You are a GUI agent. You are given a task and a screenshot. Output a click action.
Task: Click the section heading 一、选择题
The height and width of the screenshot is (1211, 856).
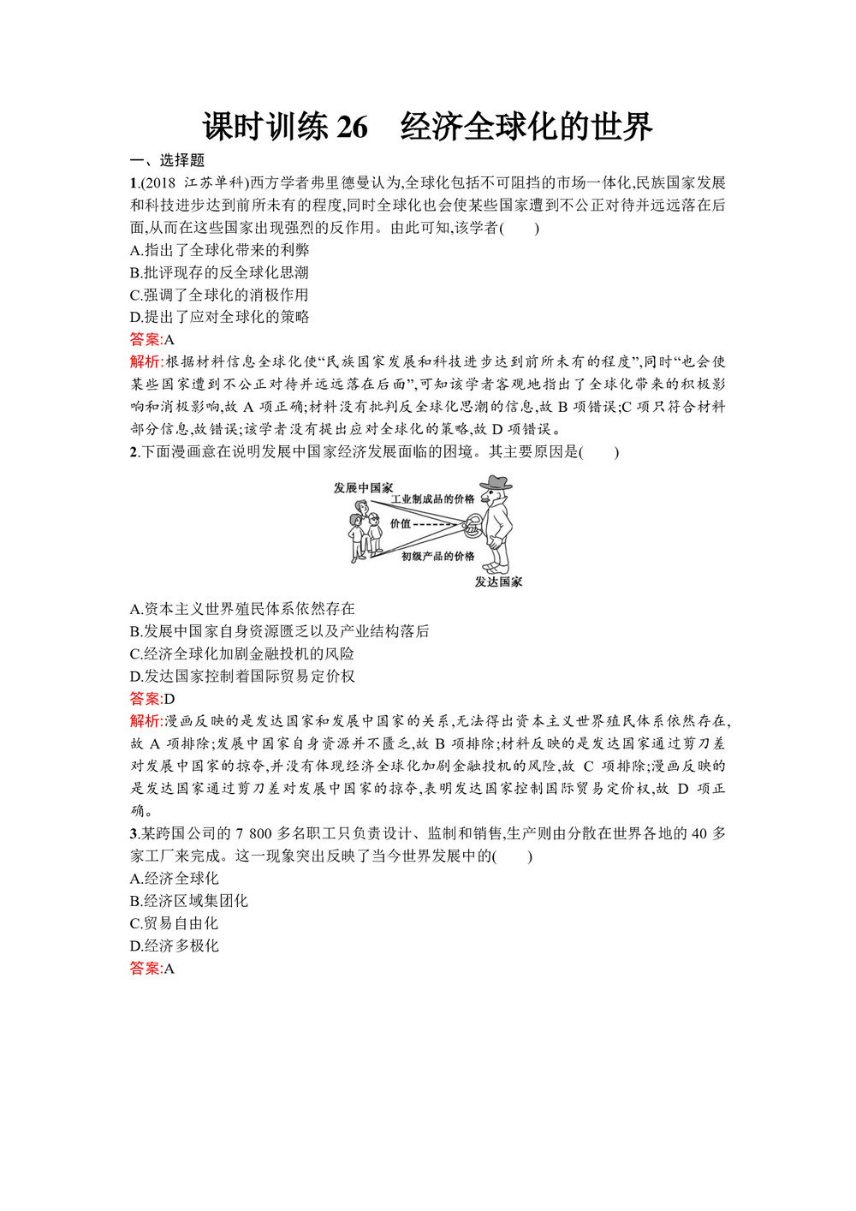coord(167,160)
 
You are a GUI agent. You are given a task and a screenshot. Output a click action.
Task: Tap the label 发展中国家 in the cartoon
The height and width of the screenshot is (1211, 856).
coord(363,487)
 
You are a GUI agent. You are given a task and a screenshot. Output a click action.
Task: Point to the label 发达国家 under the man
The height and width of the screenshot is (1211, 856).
coord(498,582)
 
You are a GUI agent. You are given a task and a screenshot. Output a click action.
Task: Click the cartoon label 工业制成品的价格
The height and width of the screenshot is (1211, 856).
coord(432,498)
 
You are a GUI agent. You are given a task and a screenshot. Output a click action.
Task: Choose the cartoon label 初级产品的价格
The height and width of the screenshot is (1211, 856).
coord(437,556)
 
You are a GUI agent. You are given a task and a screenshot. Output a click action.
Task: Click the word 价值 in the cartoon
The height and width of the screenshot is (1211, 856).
coord(401,523)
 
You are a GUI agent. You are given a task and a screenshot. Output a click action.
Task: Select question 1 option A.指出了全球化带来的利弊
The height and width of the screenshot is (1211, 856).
coord(219,250)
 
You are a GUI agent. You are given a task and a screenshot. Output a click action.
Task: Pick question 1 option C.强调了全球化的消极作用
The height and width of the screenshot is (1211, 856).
coord(219,295)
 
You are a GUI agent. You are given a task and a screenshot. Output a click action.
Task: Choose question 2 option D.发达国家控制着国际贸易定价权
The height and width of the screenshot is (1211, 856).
coord(242,676)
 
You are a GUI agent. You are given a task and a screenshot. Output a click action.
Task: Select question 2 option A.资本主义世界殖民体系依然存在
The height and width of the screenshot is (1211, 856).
coord(242,609)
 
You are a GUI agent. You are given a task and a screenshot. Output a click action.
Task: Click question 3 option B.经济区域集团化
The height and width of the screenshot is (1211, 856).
coord(189,901)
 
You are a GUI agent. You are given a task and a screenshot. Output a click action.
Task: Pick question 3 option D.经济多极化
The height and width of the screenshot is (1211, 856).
coord(175,946)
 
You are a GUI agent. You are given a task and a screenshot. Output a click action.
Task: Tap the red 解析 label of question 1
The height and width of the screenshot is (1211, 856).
coord(146,361)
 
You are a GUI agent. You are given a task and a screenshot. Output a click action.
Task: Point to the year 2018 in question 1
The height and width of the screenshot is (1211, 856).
coord(160,182)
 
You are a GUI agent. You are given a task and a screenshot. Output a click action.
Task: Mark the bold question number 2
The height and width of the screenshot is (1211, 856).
coord(134,451)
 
